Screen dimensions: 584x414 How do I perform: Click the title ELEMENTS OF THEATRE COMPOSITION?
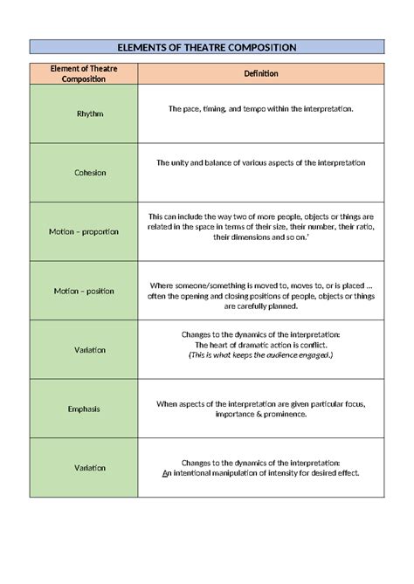click(207, 47)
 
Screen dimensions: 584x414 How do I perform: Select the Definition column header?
click(261, 73)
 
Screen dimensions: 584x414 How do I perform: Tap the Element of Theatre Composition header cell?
click(84, 73)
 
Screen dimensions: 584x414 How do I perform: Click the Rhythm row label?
click(84, 113)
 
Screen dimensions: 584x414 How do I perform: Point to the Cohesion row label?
click(84, 172)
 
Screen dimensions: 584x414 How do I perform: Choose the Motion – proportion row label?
click(84, 231)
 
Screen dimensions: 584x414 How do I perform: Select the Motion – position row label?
click(84, 291)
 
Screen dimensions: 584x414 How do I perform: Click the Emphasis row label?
click(84, 408)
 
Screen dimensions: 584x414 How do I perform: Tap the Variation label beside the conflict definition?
click(84, 349)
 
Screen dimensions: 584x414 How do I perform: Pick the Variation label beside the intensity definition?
click(84, 467)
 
